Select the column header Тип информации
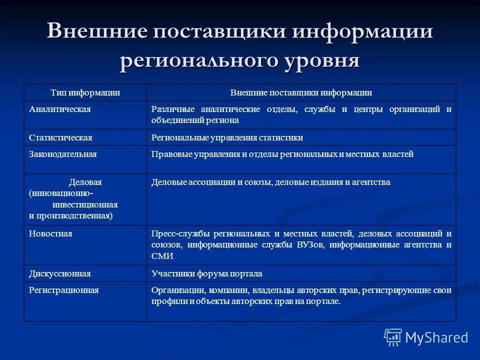pyautogui.click(x=85, y=92)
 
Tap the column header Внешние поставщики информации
pyautogui.click(x=301, y=92)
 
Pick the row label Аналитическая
pyautogui.click(x=59, y=109)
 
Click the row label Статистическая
pyautogui.click(x=60, y=137)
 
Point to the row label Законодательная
pyautogui.click(x=62, y=154)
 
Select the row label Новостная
pyautogui.click(x=50, y=233)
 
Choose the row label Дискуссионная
pyautogui.click(x=59, y=273)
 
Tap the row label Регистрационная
pyautogui.click(x=63, y=290)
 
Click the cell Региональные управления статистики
pyautogui.click(x=227, y=137)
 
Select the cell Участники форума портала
pyautogui.click(x=206, y=273)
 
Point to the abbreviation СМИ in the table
pyautogui.click(x=162, y=256)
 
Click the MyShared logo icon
pyautogui.click(x=392, y=337)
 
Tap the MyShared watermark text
pyautogui.click(x=436, y=337)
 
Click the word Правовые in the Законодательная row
pyautogui.click(x=168, y=154)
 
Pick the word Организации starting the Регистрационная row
pyautogui.click(x=175, y=290)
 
